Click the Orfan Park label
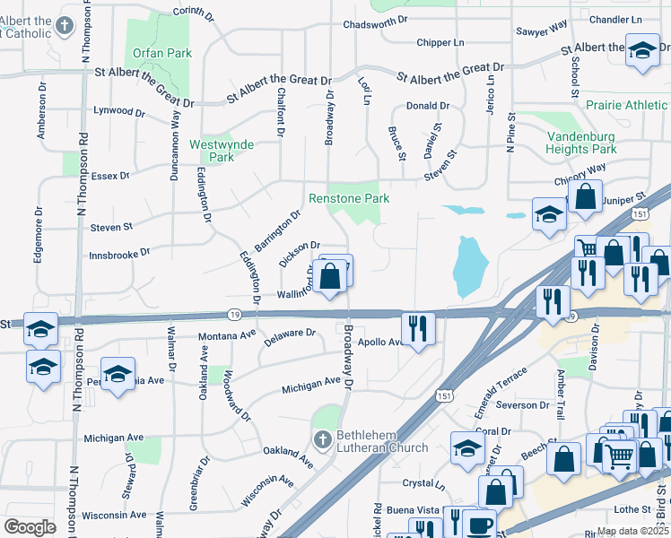click(162, 53)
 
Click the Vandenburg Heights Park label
click(581, 143)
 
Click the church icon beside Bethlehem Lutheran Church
click(323, 438)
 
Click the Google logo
click(30, 527)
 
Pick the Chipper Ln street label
click(440, 42)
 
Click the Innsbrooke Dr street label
click(119, 255)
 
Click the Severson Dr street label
click(521, 405)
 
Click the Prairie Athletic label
click(627, 105)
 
